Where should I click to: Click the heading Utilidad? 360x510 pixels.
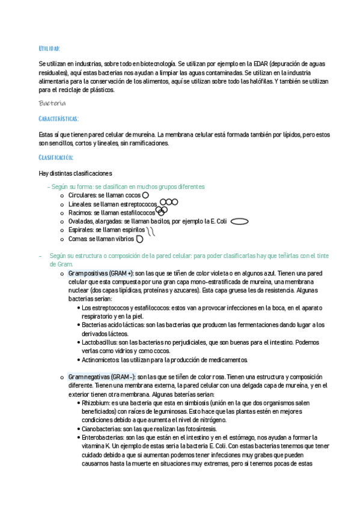click(x=49, y=48)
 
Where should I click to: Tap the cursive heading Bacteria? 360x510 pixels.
click(x=52, y=103)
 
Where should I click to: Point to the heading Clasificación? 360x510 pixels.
click(x=55, y=158)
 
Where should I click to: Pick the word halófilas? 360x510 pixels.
click(x=256, y=81)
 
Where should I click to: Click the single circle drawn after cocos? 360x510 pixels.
click(x=145, y=195)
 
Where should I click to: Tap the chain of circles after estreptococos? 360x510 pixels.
click(x=169, y=203)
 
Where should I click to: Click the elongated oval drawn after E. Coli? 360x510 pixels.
click(x=239, y=221)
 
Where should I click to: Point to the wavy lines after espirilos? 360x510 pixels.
click(x=151, y=230)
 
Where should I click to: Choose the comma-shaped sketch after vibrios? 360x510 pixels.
click(x=139, y=239)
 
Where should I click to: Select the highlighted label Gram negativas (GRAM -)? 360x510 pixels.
click(x=102, y=376)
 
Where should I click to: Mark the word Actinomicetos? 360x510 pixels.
click(x=100, y=360)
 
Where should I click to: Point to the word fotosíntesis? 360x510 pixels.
click(x=199, y=429)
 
